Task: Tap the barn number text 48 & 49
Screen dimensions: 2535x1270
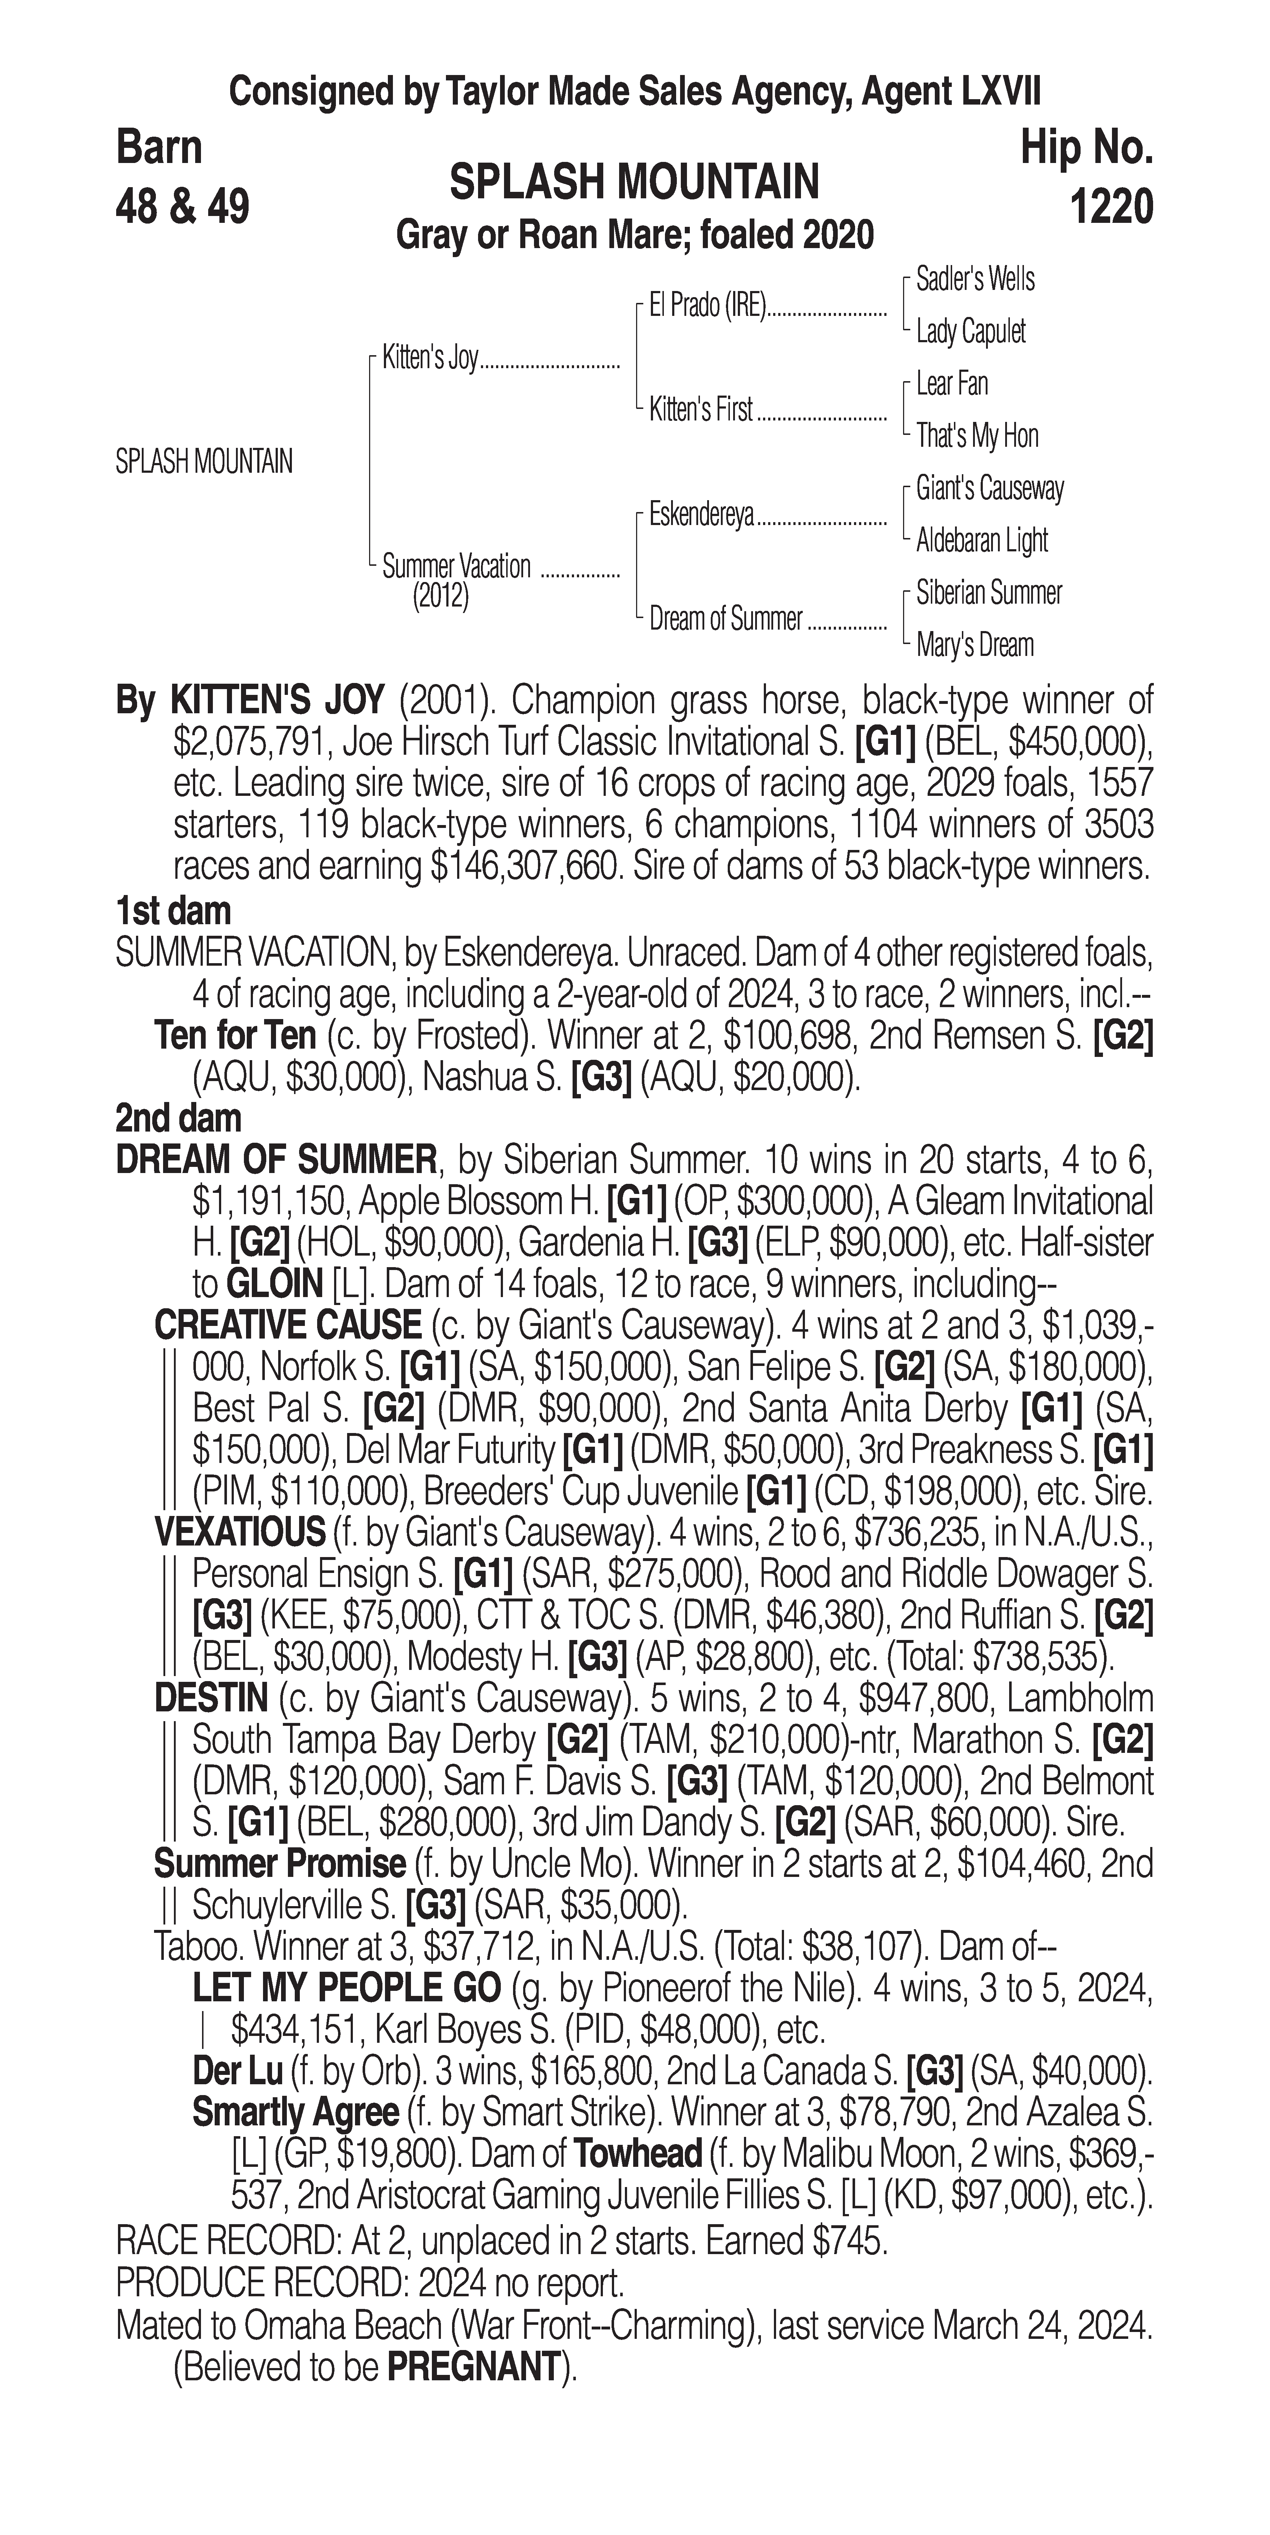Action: coord(182,208)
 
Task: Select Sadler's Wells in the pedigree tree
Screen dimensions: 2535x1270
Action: coord(975,279)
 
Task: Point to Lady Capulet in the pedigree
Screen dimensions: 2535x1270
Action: coord(971,332)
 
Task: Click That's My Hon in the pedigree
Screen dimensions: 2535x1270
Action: coord(977,436)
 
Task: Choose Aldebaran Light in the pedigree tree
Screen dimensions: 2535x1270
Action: coord(981,540)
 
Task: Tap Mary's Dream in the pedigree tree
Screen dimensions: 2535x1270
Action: coord(975,645)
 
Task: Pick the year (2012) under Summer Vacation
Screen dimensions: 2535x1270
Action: coord(440,598)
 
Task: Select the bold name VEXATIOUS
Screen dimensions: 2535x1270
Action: coord(240,1532)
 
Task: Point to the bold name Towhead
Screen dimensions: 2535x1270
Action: coord(638,2154)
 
